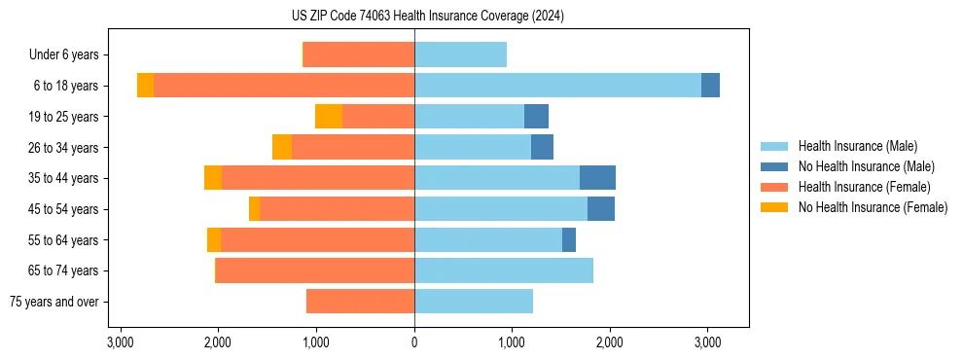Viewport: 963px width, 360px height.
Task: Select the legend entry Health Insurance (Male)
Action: click(x=857, y=146)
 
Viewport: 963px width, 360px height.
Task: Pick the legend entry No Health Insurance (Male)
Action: click(x=866, y=166)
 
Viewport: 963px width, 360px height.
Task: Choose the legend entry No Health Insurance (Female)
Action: click(x=873, y=207)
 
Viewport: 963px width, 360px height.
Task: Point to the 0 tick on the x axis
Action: click(x=414, y=342)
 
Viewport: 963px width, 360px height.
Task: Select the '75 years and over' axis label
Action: click(x=53, y=302)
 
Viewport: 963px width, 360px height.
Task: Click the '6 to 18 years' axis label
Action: click(x=65, y=86)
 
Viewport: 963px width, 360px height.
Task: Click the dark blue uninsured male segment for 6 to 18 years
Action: click(x=710, y=86)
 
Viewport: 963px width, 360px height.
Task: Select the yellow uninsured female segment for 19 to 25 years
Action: click(x=329, y=117)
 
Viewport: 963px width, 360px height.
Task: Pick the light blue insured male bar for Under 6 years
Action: click(x=460, y=54)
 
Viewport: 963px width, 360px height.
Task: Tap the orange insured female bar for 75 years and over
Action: click(x=360, y=302)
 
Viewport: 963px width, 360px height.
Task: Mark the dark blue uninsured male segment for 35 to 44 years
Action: click(x=597, y=178)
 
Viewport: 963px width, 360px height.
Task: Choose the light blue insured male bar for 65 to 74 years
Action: click(x=504, y=270)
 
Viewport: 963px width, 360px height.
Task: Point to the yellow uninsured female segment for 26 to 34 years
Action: click(x=282, y=147)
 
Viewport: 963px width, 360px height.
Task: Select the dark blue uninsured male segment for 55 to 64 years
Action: click(x=569, y=239)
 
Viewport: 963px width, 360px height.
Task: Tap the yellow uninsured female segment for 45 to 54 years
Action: click(x=254, y=209)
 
